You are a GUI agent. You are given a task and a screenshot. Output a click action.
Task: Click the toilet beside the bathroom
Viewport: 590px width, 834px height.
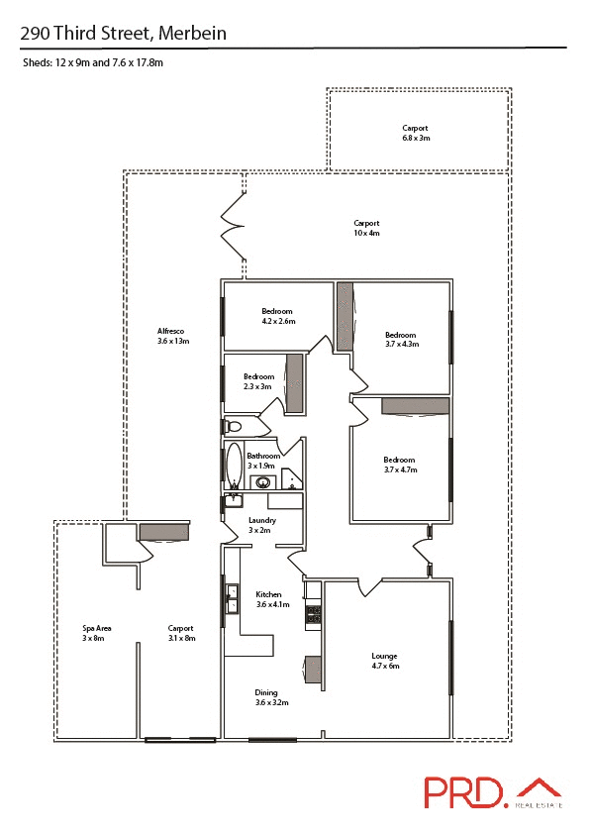coord(233,426)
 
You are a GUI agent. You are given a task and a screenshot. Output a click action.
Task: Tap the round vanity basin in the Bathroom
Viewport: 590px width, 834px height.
coord(262,483)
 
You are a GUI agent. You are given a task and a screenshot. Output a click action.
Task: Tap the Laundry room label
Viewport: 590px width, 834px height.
coord(262,525)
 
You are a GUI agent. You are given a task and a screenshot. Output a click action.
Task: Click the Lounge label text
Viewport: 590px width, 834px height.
coord(385,656)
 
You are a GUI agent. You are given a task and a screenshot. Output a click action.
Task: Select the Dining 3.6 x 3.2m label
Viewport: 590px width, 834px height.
coord(271,697)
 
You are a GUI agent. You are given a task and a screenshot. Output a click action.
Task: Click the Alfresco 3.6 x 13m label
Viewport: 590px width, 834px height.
coord(172,336)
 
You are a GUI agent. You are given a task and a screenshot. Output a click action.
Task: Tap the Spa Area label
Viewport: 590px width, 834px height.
coord(96,633)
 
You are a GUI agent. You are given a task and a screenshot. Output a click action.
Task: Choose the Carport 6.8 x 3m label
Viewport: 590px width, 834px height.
coord(416,133)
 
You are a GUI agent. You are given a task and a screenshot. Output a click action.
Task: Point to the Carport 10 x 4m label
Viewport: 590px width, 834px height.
coord(366,228)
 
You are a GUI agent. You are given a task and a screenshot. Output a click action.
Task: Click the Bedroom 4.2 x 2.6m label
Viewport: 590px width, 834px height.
coord(278,316)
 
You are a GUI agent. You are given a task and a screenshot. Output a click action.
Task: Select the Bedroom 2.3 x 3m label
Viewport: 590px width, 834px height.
coord(258,381)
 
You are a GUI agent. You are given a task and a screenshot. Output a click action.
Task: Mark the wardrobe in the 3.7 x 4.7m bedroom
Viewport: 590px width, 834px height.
coord(415,406)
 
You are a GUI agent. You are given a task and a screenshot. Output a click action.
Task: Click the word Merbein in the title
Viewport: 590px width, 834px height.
coord(192,33)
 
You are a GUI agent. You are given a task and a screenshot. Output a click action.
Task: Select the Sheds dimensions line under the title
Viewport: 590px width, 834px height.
coord(92,62)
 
